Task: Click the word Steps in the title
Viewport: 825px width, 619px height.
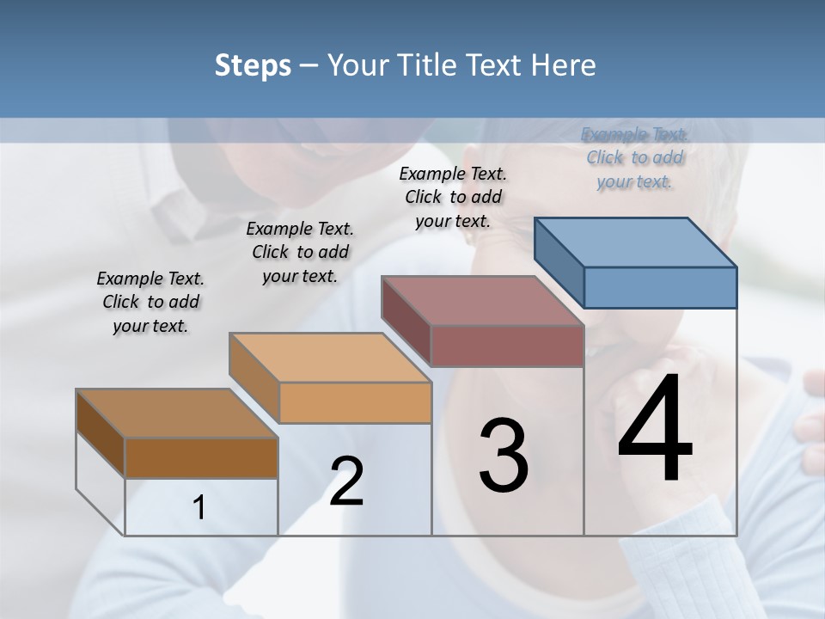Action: (x=253, y=65)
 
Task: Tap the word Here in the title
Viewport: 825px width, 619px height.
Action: (x=563, y=65)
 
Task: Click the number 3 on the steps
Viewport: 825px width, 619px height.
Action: (x=504, y=456)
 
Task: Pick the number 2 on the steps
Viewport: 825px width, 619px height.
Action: (x=347, y=481)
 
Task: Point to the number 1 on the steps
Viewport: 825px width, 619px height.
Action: (x=199, y=508)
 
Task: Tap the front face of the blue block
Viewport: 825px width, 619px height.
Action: (x=660, y=287)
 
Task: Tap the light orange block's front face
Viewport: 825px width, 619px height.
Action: (x=355, y=402)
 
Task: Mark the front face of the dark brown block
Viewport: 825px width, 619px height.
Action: (x=201, y=458)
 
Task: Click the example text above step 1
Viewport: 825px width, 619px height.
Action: (x=150, y=302)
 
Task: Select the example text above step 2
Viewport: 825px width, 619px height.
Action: (x=300, y=252)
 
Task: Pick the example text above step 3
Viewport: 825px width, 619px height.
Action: (x=453, y=197)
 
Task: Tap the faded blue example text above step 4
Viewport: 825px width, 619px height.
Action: (x=634, y=157)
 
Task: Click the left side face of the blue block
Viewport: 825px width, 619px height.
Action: (x=559, y=261)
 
